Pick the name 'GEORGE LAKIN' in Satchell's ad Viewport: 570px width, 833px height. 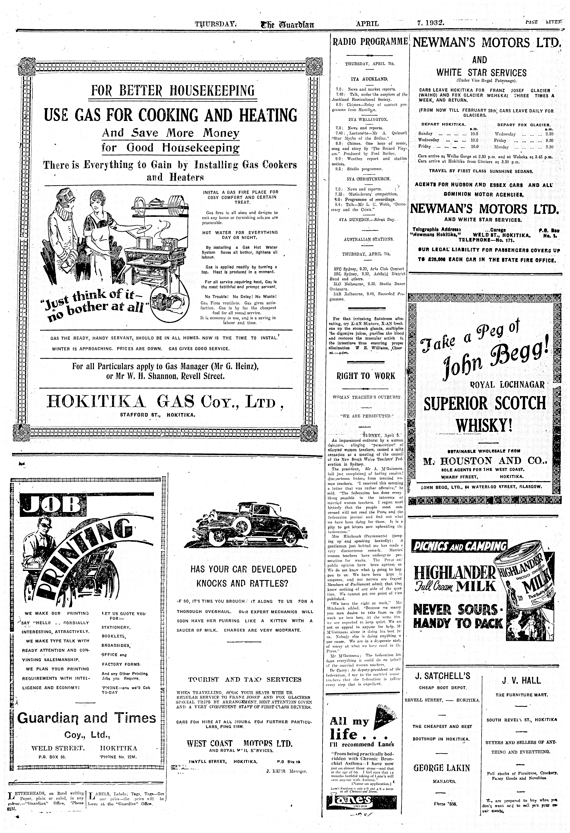441,768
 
